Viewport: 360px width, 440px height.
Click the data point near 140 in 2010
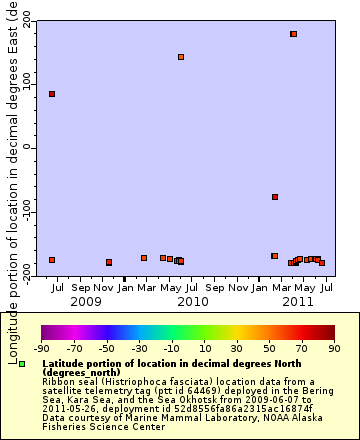pyautogui.click(x=181, y=57)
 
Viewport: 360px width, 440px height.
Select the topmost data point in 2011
pyautogui.click(x=293, y=34)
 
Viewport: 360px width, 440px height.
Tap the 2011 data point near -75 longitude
pyautogui.click(x=275, y=197)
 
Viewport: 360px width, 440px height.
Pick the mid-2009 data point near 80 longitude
pyautogui.click(x=52, y=94)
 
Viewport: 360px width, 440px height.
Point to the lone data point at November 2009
pyautogui.click(x=109, y=262)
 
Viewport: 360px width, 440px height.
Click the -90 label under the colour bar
pyautogui.click(x=41, y=349)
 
